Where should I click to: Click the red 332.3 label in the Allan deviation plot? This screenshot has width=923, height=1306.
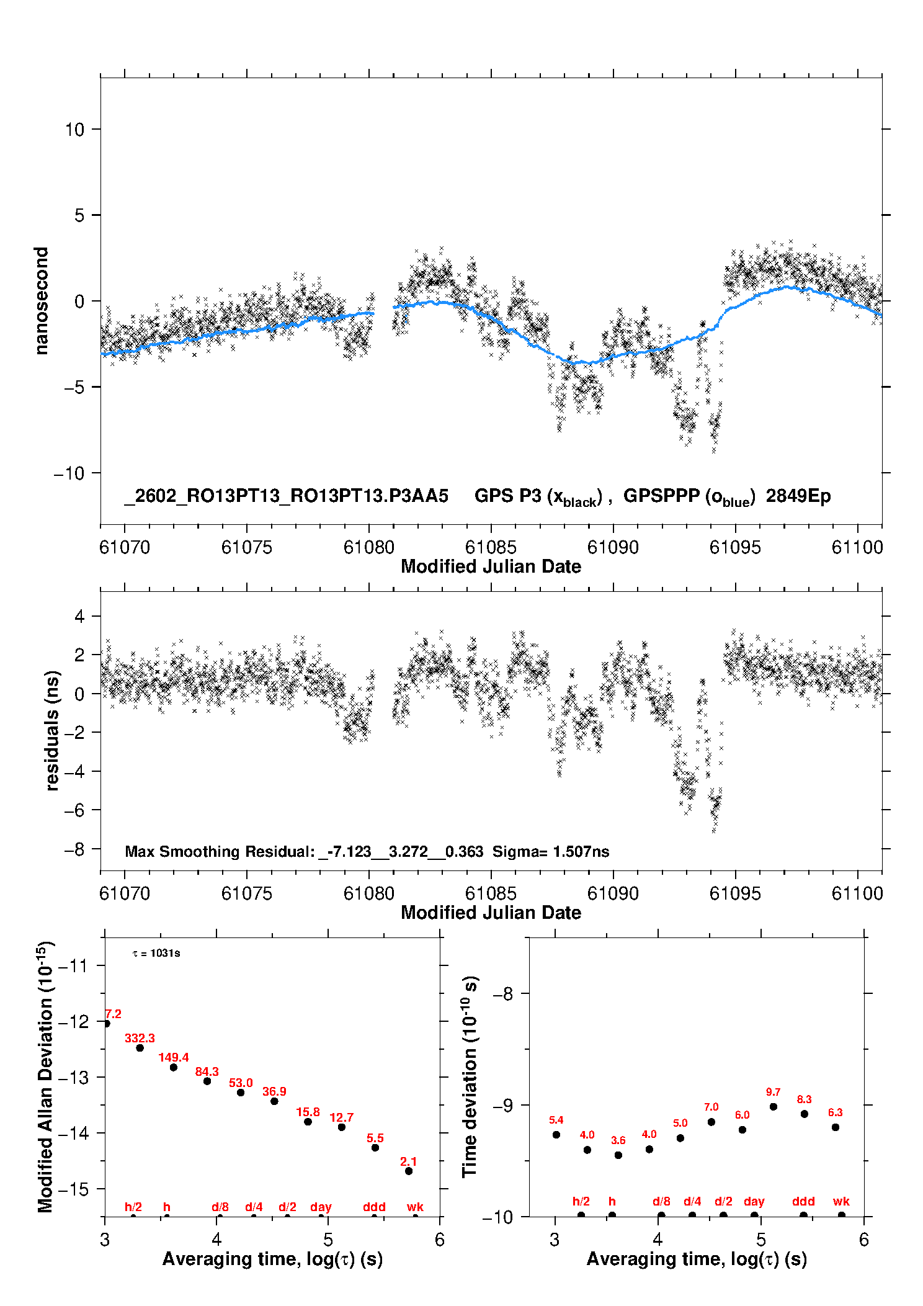[x=140, y=1038]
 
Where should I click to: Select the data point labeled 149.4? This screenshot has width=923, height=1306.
[x=174, y=1067]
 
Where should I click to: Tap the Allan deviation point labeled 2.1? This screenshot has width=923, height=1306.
[x=409, y=1171]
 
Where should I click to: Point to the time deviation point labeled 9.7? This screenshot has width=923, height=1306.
[x=774, y=1107]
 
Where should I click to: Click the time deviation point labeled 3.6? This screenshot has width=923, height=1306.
[x=618, y=1155]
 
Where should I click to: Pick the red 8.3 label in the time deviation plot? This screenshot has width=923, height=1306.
[x=804, y=1099]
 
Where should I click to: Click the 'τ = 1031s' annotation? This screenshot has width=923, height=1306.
[x=156, y=953]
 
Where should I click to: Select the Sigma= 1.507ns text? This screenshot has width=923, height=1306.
[x=551, y=851]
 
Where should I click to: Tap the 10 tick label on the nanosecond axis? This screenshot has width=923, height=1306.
[x=74, y=130]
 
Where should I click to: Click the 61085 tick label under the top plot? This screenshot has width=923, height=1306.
[x=491, y=547]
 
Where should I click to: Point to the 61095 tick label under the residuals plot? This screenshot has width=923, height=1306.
[x=735, y=893]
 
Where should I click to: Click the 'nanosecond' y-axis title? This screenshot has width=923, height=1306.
[x=42, y=301]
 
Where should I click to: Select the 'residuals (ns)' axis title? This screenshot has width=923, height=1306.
[x=52, y=731]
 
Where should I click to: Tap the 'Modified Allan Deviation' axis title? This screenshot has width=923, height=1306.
[x=45, y=1077]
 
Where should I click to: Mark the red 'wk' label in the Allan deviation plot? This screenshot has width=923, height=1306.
[x=415, y=1207]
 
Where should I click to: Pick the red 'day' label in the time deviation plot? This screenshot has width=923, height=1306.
[x=754, y=1201]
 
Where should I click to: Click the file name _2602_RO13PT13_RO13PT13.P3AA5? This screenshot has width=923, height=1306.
[x=286, y=496]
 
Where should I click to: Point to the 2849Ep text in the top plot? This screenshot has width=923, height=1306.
[x=798, y=496]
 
